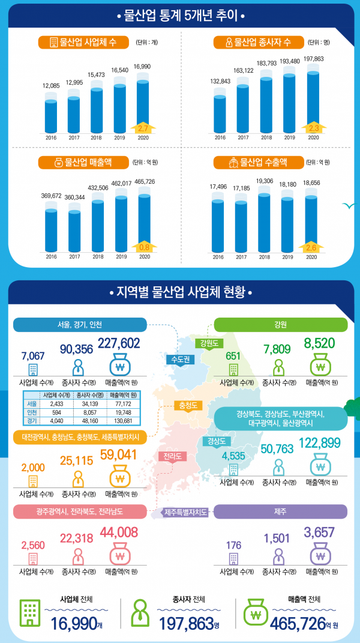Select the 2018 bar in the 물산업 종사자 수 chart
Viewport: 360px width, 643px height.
pyautogui.click(x=265, y=105)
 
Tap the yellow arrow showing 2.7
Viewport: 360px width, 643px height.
pyautogui.click(x=143, y=128)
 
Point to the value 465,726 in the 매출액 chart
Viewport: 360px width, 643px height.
pyautogui.click(x=143, y=181)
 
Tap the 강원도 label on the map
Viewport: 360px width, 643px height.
pyautogui.click(x=210, y=343)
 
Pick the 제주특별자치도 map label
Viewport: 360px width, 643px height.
pyautogui.click(x=187, y=512)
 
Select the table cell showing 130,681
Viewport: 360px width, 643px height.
pyautogui.click(x=122, y=421)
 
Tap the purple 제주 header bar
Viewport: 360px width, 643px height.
pyautogui.click(x=280, y=511)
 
